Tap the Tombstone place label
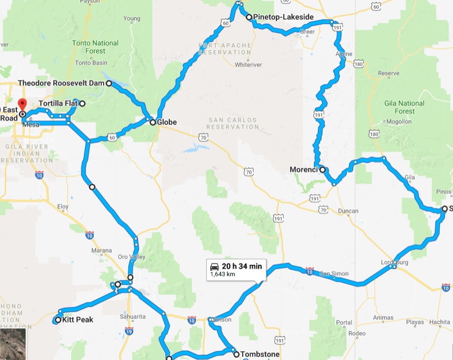pos(260,354)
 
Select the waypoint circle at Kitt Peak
pos(58,320)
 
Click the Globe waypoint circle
pos(153,122)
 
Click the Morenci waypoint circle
pos(322,170)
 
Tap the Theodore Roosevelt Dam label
pos(61,83)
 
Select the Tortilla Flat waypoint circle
pos(82,104)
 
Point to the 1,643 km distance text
pos(223,274)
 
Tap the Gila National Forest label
pos(404,107)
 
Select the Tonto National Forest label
pos(89,47)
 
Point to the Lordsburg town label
pos(395,262)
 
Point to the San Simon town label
pos(334,274)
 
